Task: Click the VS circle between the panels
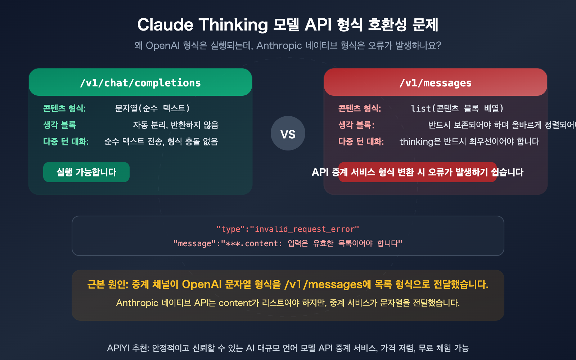[x=288, y=133]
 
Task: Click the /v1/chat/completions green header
[x=140, y=82]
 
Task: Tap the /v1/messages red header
[x=435, y=82]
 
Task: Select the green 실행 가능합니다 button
[x=86, y=172]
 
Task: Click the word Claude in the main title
[x=165, y=25]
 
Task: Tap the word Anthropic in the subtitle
[x=279, y=46]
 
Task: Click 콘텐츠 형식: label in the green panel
[x=64, y=108]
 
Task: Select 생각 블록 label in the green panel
[x=59, y=125]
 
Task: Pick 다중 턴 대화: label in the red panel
[x=361, y=141]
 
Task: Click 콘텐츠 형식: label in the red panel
[x=360, y=108]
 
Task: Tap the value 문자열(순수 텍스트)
[x=152, y=108]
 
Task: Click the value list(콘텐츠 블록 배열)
[x=457, y=108]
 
